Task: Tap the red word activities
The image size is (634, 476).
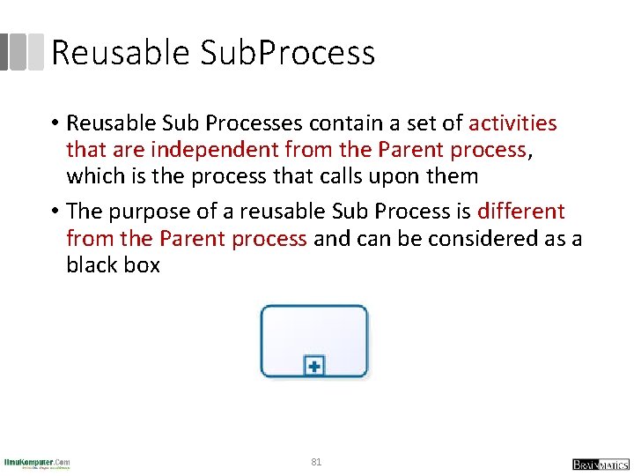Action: (512, 123)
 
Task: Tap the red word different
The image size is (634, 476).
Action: (520, 212)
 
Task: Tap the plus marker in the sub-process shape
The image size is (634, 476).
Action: (314, 365)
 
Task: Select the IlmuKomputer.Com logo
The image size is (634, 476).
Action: (37, 463)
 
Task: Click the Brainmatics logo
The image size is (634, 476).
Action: (601, 464)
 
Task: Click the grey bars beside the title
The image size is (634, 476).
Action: (22, 52)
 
